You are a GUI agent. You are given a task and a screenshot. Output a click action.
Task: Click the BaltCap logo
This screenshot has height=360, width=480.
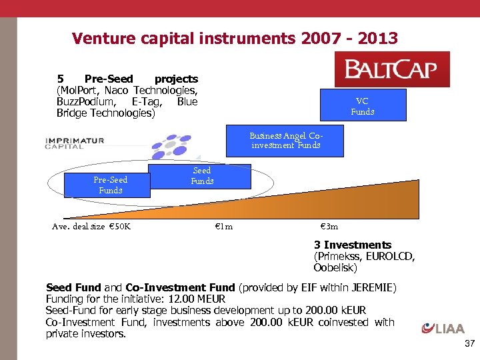point(392,69)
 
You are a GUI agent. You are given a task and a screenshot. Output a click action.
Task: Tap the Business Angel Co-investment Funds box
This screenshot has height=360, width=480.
point(285,140)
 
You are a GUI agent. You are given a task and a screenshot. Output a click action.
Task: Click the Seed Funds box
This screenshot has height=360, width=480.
point(201,176)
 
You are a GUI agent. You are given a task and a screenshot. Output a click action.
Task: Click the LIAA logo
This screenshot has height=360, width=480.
point(443,327)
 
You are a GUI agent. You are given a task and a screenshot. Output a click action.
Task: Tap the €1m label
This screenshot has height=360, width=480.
point(223,227)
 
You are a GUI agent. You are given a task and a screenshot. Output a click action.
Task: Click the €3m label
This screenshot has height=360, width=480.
point(329,227)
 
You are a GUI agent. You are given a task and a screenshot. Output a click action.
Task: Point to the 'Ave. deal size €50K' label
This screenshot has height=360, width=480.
point(91,227)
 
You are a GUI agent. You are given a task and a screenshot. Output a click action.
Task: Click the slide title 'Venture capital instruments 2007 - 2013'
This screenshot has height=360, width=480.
point(235,39)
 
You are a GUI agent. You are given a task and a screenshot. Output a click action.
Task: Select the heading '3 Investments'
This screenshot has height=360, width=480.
point(353,245)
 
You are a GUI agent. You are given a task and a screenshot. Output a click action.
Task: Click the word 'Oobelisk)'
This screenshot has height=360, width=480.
point(335,268)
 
